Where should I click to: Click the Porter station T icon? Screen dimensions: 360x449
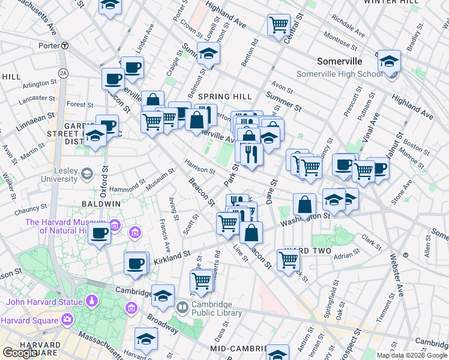[64, 45]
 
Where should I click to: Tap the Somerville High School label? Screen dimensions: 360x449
[340, 74]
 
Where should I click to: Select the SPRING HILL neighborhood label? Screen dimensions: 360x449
[224, 96]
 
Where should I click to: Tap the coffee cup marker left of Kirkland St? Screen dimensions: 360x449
[136, 262]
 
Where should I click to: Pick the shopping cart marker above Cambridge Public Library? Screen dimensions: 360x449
[202, 280]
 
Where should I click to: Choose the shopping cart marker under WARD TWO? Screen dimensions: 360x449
[289, 259]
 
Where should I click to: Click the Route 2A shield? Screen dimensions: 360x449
[63, 73]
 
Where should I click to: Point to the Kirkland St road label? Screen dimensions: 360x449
[172, 255]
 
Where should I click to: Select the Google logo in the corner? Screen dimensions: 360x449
[20, 353]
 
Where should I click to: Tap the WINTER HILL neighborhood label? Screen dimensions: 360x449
[390, 2]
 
